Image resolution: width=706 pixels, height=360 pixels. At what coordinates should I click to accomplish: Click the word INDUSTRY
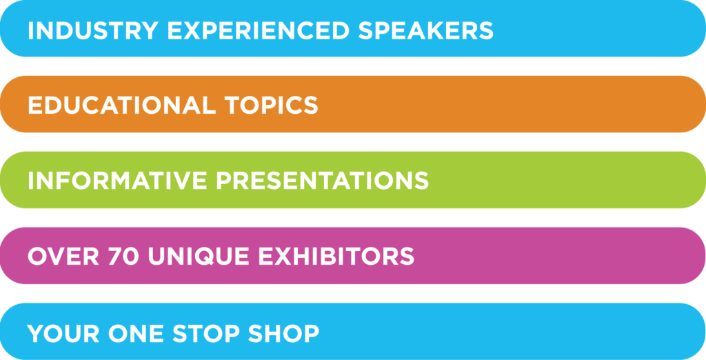tap(93, 30)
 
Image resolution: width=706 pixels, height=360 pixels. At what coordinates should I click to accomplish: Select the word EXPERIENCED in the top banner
tap(259, 30)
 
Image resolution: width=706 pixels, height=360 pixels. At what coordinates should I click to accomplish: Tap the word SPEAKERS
tap(426, 30)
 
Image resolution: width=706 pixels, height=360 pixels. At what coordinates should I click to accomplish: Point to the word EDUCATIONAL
tap(122, 106)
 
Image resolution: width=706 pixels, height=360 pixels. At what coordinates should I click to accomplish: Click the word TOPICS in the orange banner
tap(272, 106)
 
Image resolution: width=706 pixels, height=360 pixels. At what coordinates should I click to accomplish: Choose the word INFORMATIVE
tap(117, 181)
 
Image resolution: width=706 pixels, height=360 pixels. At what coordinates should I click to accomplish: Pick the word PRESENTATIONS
tap(323, 181)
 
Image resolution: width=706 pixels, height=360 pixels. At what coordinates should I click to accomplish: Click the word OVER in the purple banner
tap(63, 257)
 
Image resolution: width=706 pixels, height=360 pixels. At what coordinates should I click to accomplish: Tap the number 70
tap(123, 257)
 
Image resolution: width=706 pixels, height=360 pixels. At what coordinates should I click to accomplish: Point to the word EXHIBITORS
tap(336, 257)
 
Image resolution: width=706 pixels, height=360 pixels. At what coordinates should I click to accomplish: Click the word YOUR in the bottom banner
tap(63, 333)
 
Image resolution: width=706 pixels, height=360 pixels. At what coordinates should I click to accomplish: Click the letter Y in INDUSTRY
tap(150, 30)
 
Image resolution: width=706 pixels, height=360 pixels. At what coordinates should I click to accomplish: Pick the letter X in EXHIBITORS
tap(283, 257)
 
